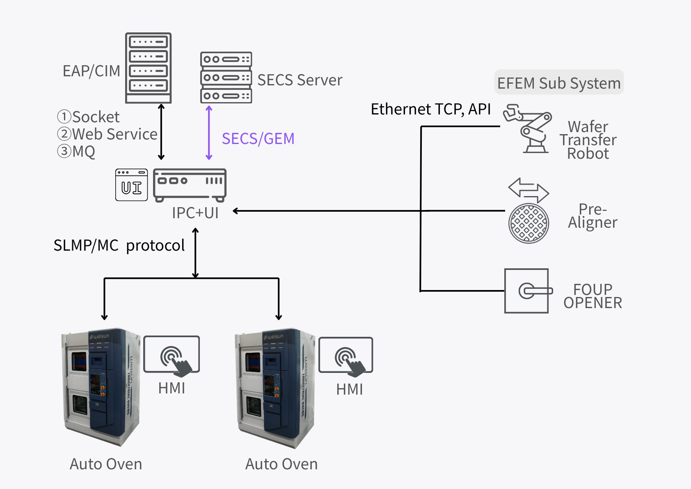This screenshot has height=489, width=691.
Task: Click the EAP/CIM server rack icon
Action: (148, 68)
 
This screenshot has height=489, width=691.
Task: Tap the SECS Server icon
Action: (226, 78)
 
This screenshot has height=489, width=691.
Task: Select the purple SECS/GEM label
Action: (258, 139)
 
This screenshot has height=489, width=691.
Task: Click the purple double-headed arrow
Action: (209, 133)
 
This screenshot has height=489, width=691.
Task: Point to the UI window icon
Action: (131, 185)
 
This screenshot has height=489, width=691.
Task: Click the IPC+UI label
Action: (195, 213)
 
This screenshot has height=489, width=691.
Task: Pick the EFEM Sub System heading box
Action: (559, 82)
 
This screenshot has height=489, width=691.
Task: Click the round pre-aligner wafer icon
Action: (529, 223)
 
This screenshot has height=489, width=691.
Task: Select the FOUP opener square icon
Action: (526, 291)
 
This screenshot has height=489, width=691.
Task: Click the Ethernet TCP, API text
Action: (430, 109)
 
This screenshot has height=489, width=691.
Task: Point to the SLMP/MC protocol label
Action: (119, 245)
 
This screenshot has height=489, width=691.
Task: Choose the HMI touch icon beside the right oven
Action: (345, 355)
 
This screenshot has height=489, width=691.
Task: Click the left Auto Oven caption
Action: (106, 464)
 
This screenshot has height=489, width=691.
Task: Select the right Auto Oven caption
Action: (281, 464)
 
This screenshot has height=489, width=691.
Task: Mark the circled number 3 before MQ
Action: (64, 151)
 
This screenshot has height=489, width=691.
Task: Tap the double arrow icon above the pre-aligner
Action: (529, 190)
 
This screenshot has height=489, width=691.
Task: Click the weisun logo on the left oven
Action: (100, 336)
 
